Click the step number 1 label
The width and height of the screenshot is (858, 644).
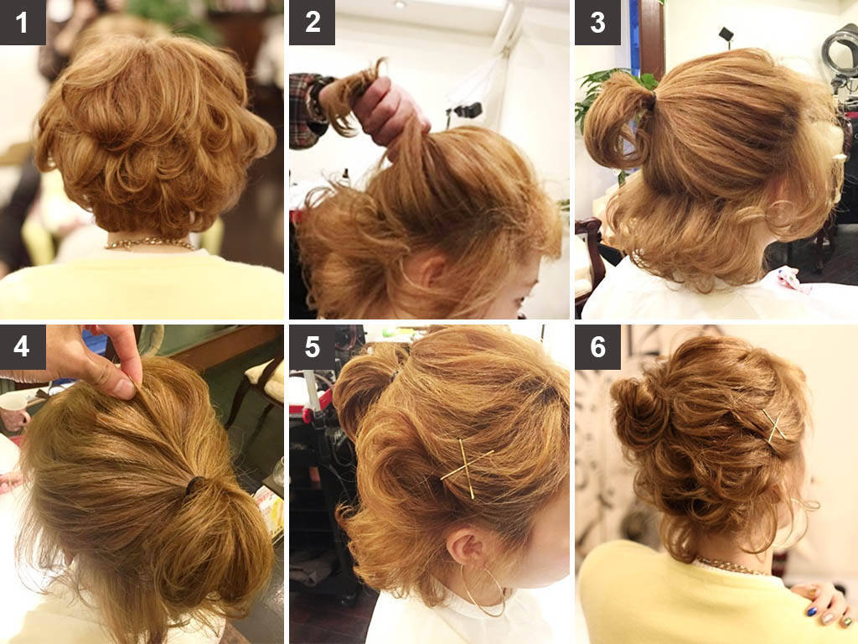pos(22,22)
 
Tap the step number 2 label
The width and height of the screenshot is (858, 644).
pos(312,22)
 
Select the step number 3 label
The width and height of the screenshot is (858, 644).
pos(597,22)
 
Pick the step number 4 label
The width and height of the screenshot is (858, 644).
pos(22,346)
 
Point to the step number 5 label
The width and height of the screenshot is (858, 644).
pos(312,346)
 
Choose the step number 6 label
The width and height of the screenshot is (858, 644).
pos(597,346)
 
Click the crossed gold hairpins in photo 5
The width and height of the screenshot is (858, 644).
pos(468,468)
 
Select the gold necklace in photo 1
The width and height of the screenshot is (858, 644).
pos(151,243)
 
